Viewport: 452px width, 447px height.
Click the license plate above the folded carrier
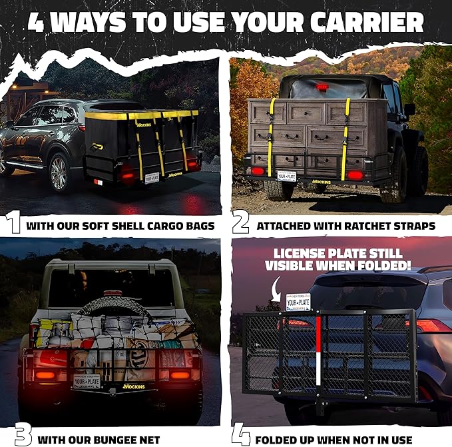click(x=299, y=302)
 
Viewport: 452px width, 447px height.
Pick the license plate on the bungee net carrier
click(x=88, y=380)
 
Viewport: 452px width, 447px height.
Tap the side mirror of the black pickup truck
click(x=409, y=109)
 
